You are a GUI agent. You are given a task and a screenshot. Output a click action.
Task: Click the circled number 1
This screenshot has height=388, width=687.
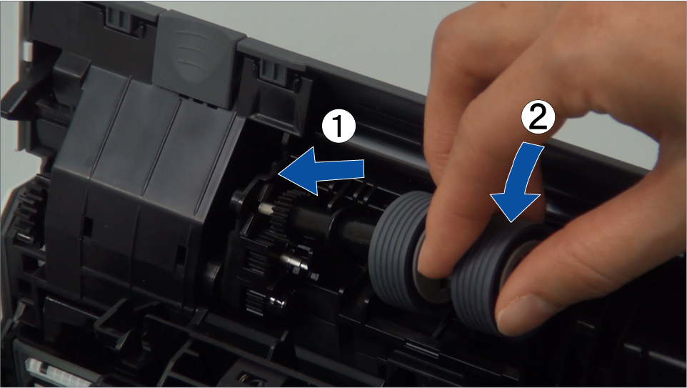coord(339,126)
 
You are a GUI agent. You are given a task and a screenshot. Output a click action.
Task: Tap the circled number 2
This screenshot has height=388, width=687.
coord(538,117)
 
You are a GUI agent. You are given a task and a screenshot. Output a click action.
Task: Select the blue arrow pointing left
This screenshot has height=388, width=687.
coord(321,171)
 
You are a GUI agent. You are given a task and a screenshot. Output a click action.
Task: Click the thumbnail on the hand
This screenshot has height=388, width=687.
coord(520,314)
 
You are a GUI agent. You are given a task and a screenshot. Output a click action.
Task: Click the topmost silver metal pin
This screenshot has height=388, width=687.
coord(266,207)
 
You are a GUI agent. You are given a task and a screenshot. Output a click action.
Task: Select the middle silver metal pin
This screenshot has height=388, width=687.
coord(293,261)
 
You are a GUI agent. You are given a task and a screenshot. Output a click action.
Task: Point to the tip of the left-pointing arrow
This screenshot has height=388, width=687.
coord(279,174)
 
